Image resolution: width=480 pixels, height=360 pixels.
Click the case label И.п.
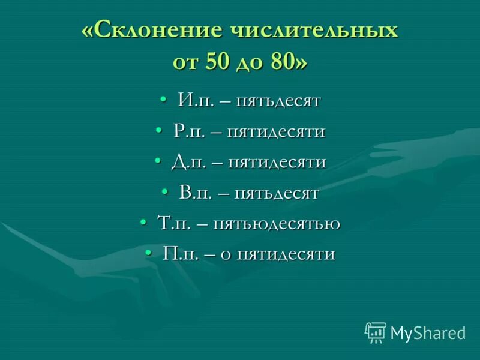193,100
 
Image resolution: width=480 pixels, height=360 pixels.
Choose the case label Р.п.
188,131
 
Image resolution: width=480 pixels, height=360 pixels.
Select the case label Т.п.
175,224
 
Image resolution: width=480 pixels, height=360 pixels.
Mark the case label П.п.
177,254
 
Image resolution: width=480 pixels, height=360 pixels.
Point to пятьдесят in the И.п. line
277,100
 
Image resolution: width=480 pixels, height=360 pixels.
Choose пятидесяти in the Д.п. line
277,162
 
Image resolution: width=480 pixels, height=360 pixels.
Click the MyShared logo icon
375,332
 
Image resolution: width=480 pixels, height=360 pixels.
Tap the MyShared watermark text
428,333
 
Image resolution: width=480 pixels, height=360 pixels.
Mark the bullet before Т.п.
143,223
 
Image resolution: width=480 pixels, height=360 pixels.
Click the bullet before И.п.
163,100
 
